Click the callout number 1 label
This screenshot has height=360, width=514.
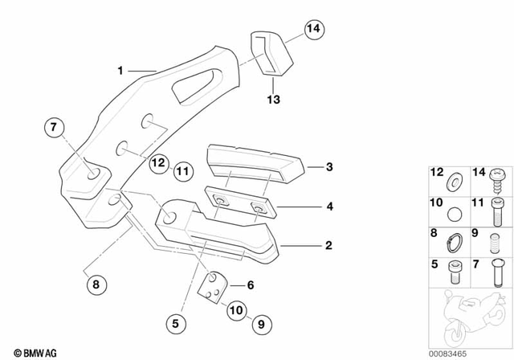point(120,71)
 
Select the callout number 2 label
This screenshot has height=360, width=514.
point(328,245)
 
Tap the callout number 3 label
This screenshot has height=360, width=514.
point(328,167)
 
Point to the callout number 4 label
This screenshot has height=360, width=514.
point(328,206)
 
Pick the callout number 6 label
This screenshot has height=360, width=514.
point(250,284)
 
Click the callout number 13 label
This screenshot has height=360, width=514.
point(274,100)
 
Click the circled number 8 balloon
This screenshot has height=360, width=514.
point(96,283)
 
